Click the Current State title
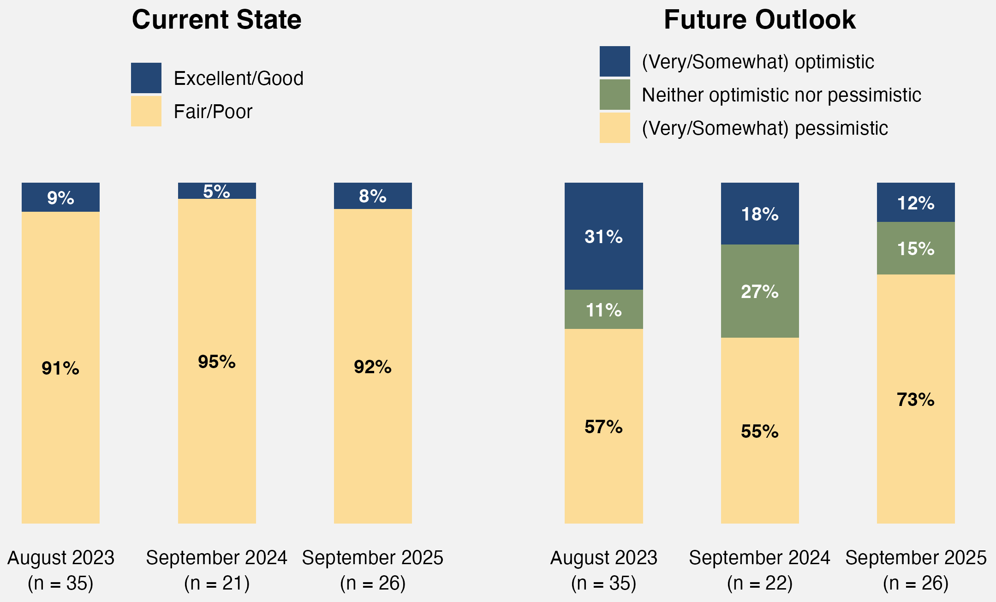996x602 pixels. [x=216, y=20]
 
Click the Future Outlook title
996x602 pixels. [x=759, y=20]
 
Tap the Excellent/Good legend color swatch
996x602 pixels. [x=146, y=78]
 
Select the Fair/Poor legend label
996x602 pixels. [x=213, y=112]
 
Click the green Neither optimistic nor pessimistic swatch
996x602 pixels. [x=614, y=95]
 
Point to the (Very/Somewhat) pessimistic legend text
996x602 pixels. [x=764, y=128]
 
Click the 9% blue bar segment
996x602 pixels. [x=60, y=197]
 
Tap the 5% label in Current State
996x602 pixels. [x=216, y=191]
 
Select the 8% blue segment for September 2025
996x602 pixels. [x=373, y=196]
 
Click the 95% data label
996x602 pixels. [x=216, y=362]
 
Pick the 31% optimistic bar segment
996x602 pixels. [x=603, y=236]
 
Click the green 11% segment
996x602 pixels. [x=603, y=310]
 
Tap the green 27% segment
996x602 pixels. [x=759, y=291]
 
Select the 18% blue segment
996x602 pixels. [x=759, y=214]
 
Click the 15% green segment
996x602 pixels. [x=915, y=249]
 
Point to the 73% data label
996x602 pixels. [x=915, y=399]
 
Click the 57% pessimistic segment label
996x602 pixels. [x=603, y=427]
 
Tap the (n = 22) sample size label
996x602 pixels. [x=759, y=583]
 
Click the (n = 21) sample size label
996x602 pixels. [x=216, y=583]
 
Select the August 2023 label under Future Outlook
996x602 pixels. [x=603, y=558]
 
